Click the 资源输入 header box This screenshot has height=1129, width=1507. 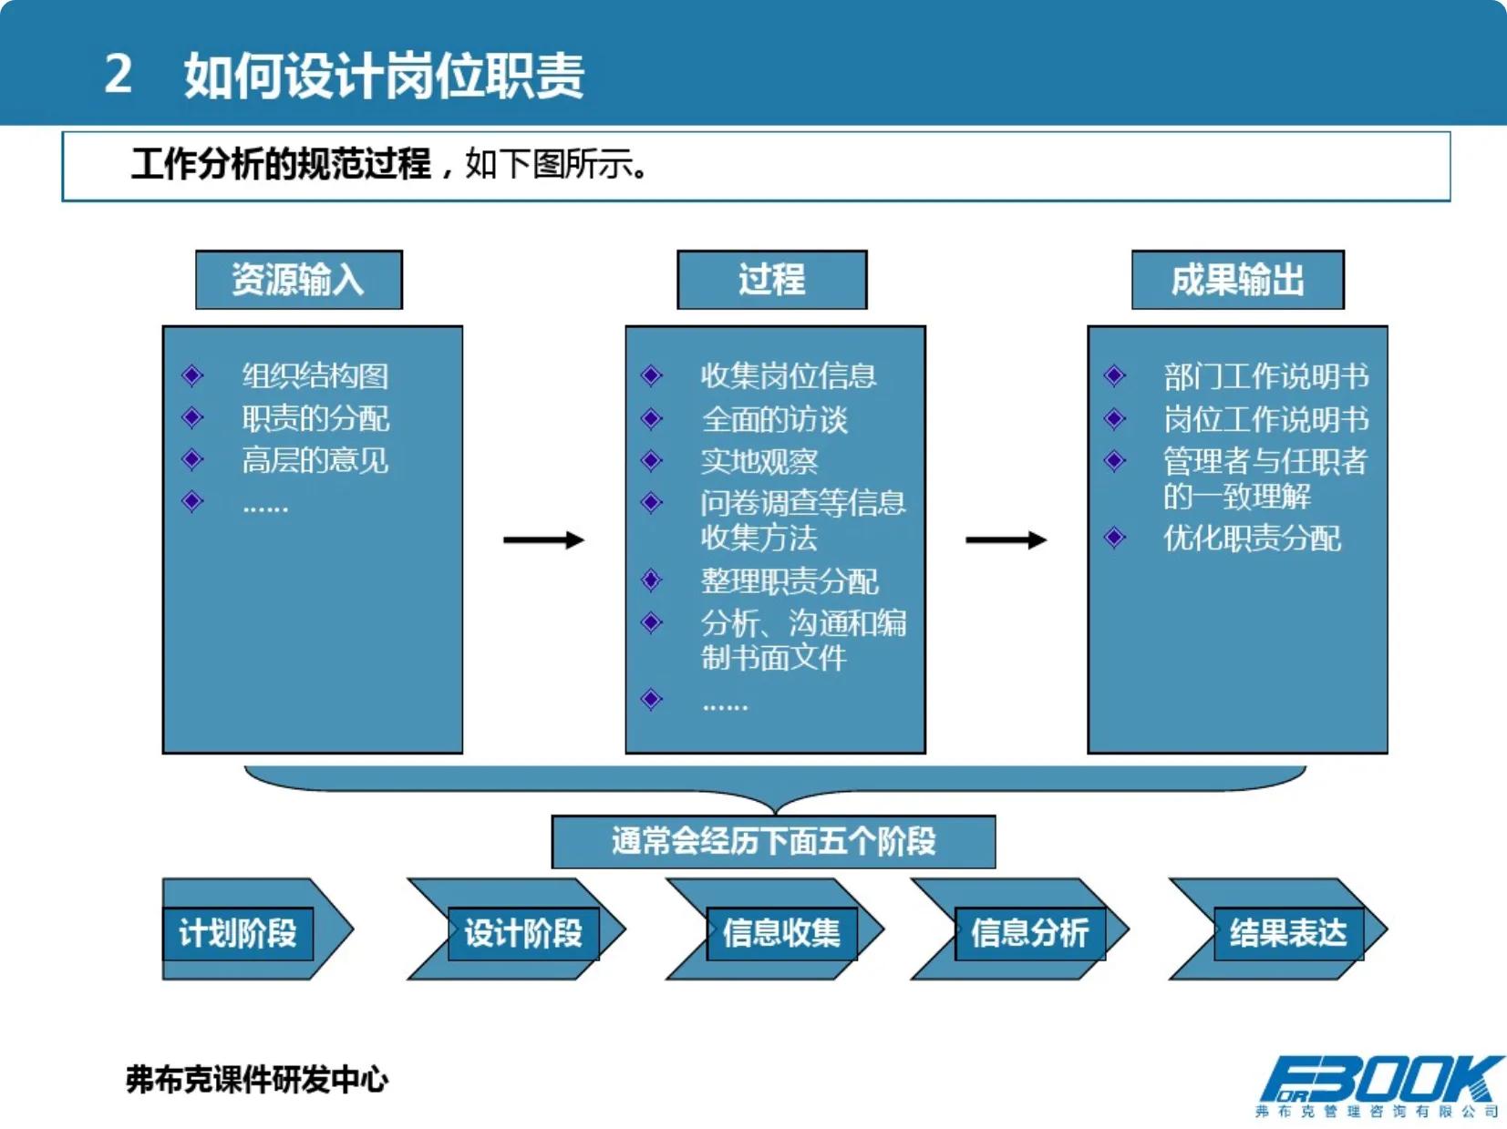298,280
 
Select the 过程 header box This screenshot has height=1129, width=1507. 771,280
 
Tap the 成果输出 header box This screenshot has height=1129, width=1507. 1237,280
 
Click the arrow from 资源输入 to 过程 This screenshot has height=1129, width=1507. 543,540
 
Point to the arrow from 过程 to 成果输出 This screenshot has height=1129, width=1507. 1006,540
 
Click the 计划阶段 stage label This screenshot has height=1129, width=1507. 238,933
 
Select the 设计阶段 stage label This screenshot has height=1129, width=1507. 523,933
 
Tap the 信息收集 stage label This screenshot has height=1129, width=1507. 781,933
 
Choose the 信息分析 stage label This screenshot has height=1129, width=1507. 1029,933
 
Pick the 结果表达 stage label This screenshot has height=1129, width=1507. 1288,933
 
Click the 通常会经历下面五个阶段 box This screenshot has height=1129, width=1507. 773,841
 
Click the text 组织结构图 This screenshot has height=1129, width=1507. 315,375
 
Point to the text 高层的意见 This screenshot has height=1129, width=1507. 315,460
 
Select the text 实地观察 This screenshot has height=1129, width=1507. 759,462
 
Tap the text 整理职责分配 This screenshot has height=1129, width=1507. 790,580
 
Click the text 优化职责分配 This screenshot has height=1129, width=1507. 1252,539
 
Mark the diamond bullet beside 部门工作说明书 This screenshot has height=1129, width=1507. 1114,375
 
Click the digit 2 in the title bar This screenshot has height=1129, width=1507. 119,74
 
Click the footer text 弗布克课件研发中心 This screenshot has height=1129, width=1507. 257,1080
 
